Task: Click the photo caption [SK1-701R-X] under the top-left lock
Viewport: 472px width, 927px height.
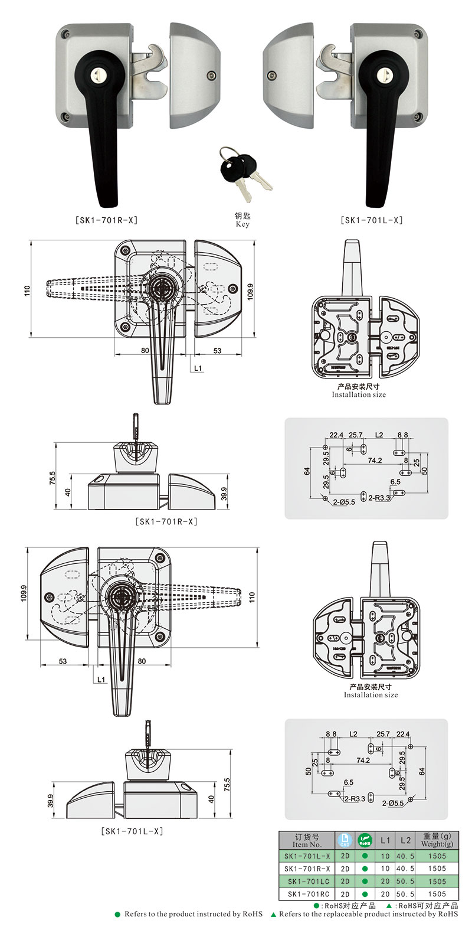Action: point(107,220)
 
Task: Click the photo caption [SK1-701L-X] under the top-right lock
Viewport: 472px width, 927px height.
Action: point(372,220)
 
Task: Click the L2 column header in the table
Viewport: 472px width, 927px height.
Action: point(405,840)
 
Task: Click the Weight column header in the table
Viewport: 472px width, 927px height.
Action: point(437,840)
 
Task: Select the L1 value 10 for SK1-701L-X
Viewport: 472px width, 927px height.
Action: point(385,855)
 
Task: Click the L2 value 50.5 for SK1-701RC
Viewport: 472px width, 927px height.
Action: point(405,894)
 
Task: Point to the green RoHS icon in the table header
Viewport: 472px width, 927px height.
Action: point(365,839)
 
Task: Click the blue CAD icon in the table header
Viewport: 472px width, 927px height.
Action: point(345,839)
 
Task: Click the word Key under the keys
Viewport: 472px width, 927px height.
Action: point(242,224)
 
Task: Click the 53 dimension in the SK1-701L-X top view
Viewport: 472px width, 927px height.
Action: point(63,661)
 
